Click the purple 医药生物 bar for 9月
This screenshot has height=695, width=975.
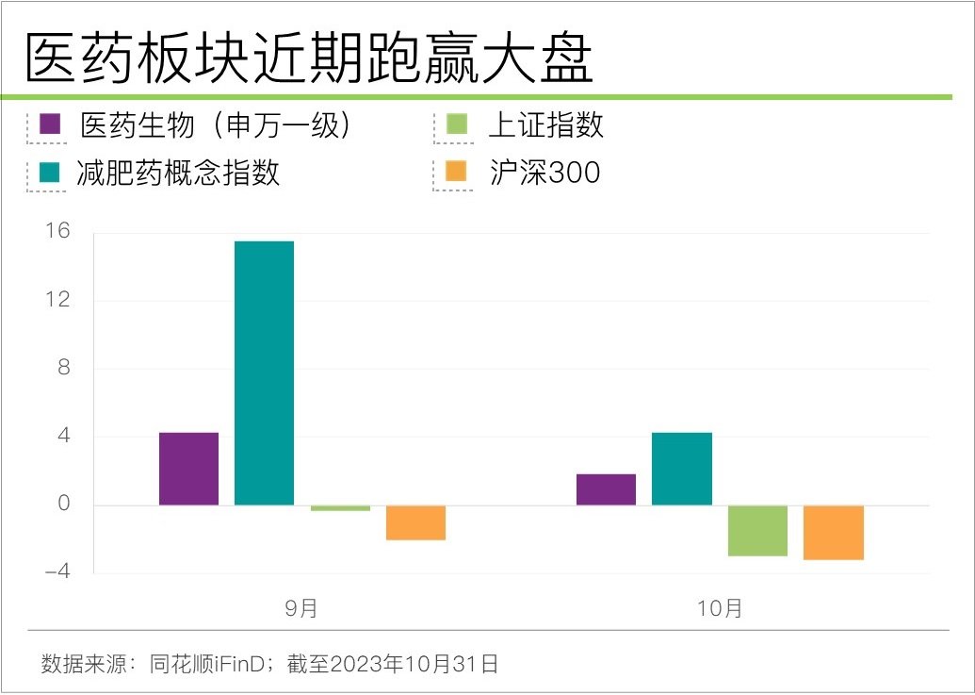coord(188,469)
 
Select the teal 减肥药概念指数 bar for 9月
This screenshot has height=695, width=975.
coord(264,372)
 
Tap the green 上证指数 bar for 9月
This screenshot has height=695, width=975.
coord(340,508)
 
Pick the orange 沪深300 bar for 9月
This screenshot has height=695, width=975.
coord(415,522)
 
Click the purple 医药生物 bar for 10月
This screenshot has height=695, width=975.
coord(606,489)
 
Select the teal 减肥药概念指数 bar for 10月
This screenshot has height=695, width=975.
coord(681,469)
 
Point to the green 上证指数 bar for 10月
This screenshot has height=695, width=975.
coord(757,530)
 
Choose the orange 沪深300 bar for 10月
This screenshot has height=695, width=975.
coord(833,532)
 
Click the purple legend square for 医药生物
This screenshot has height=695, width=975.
coord(50,124)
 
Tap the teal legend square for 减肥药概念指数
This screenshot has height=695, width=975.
coord(50,173)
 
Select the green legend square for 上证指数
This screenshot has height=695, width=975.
coord(457,124)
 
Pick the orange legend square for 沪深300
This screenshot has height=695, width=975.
coord(457,173)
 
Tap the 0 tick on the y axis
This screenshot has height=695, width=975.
coord(63,504)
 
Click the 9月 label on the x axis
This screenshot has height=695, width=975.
coord(301,608)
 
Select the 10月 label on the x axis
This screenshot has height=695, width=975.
coord(720,608)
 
